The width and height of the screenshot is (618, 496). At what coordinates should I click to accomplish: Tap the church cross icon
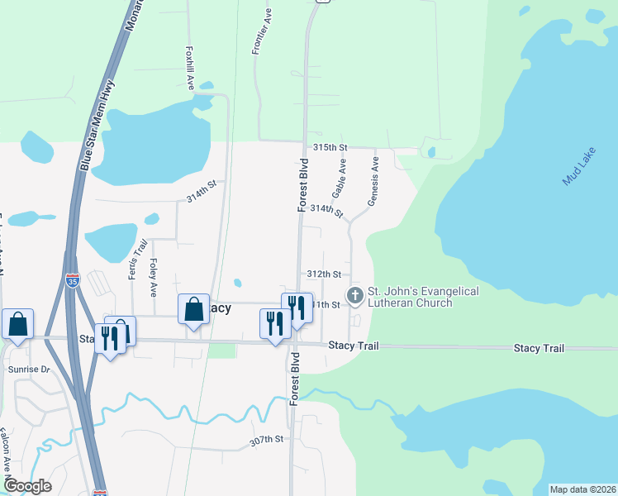click(x=355, y=295)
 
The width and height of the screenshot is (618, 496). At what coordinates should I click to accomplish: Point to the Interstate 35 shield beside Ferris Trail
click(x=74, y=281)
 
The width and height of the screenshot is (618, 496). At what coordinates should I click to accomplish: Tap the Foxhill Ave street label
click(x=190, y=68)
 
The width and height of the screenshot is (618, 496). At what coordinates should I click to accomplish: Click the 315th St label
click(x=330, y=147)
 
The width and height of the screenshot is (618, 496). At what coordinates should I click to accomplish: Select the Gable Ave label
click(x=339, y=179)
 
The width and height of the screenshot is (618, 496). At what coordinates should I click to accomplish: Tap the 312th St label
click(x=324, y=274)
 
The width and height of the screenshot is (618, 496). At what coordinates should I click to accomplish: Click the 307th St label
click(x=267, y=441)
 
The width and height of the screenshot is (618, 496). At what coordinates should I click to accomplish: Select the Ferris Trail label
click(x=138, y=259)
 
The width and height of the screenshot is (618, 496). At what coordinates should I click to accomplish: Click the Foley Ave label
click(x=153, y=278)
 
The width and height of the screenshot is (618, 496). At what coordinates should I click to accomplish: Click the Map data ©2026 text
click(x=582, y=489)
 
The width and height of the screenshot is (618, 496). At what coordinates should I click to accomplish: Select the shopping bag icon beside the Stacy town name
click(x=193, y=308)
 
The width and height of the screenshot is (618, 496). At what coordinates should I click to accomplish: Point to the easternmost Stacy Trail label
click(x=539, y=348)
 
